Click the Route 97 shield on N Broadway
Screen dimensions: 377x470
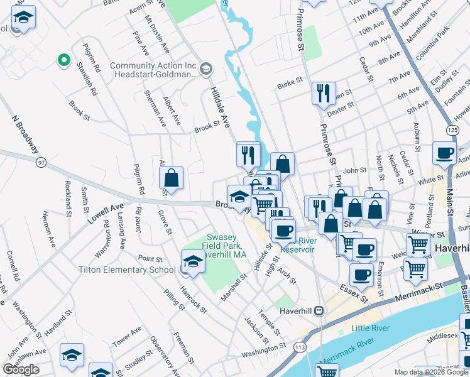tap(41, 163)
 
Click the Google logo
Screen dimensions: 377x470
tap(21, 369)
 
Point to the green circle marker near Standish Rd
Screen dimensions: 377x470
tap(63, 60)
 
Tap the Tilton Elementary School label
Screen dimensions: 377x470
tap(127, 270)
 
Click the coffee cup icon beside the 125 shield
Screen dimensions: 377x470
tap(444, 153)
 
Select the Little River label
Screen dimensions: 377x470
tap(370, 328)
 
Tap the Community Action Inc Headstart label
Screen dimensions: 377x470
tap(154, 70)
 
